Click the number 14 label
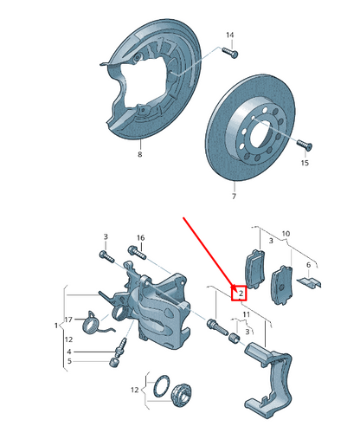coord(230,35)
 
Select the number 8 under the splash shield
coord(138,156)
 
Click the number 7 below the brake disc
coord(233,197)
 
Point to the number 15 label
coord(304,163)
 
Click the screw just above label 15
coord(300,144)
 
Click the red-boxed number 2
coord(240,294)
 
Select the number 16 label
coord(140,237)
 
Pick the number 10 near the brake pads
coord(286,234)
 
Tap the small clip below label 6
coord(307,281)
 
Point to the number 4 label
coord(69,352)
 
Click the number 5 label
coord(69,361)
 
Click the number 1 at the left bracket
coord(56,326)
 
